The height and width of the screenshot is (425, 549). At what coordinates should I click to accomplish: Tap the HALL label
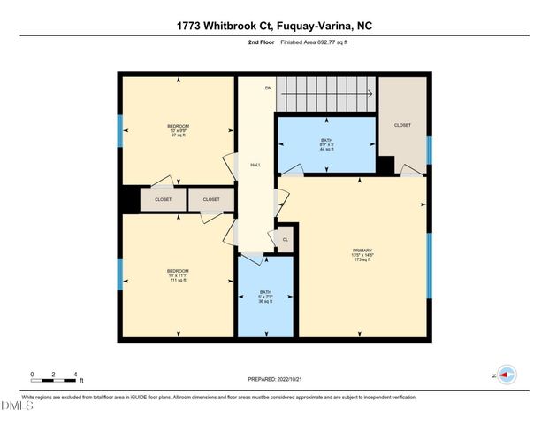coord(255,165)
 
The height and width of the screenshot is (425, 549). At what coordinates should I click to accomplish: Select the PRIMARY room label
coord(362,251)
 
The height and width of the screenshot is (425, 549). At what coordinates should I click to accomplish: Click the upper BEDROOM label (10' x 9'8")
coord(178,126)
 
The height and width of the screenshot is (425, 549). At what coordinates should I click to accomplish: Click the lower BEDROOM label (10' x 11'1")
coord(178,270)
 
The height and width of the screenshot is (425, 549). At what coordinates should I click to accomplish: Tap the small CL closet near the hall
coord(285,239)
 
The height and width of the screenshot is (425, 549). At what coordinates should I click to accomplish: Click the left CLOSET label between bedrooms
coord(164,200)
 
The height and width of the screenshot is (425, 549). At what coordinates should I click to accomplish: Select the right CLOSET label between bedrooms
coord(210,200)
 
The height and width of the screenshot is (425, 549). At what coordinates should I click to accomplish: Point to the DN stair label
coord(267,89)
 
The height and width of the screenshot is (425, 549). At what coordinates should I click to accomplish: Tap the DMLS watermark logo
coord(18,406)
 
